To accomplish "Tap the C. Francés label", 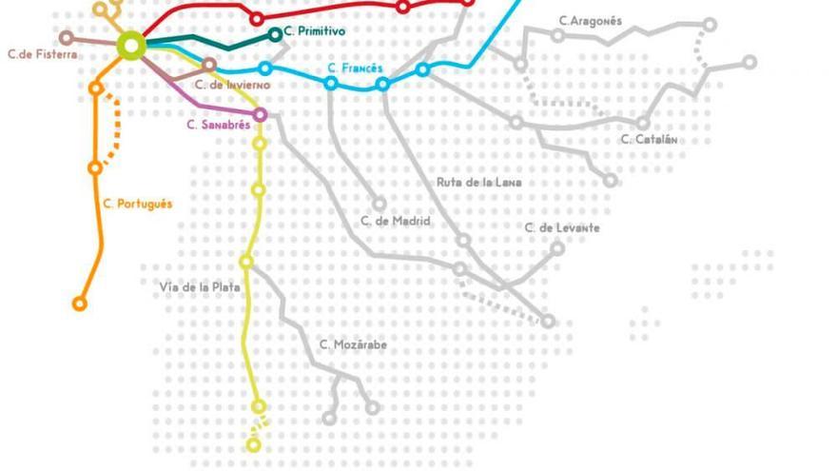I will (x=355, y=69).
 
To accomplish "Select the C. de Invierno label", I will (x=233, y=85).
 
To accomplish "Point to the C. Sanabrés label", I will (x=218, y=124).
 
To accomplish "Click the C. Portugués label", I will (x=138, y=204).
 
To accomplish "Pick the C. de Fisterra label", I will (x=43, y=54).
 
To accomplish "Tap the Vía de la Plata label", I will (x=200, y=285).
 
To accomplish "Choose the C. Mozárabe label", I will (x=353, y=344).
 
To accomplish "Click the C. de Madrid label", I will (x=396, y=221).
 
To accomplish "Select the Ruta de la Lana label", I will (x=479, y=182).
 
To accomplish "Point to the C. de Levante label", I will (x=562, y=227).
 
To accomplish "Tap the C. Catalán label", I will (x=650, y=139).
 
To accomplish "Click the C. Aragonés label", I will (x=591, y=20).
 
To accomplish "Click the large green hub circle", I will (x=131, y=44).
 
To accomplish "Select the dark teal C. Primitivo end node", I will (x=276, y=34).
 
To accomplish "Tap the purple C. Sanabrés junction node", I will (x=260, y=115).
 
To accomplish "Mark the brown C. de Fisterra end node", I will (x=67, y=38).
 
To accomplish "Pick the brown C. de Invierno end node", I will (x=209, y=65).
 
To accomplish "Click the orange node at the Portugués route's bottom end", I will (x=80, y=304).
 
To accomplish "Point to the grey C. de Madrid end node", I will (x=380, y=204).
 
